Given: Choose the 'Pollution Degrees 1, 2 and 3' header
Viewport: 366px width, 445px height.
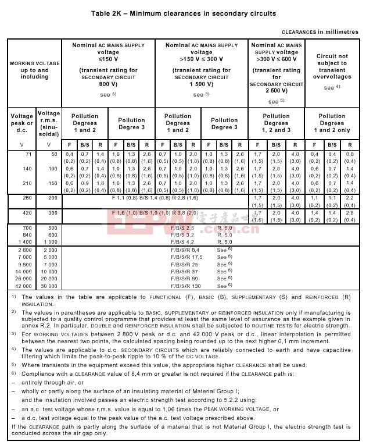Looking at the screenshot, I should [276, 123].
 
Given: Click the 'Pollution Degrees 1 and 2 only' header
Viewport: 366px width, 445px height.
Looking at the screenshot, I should [332, 123].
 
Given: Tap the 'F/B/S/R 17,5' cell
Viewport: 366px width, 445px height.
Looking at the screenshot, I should [185, 257].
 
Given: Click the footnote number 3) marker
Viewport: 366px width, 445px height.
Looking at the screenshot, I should [13, 334].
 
